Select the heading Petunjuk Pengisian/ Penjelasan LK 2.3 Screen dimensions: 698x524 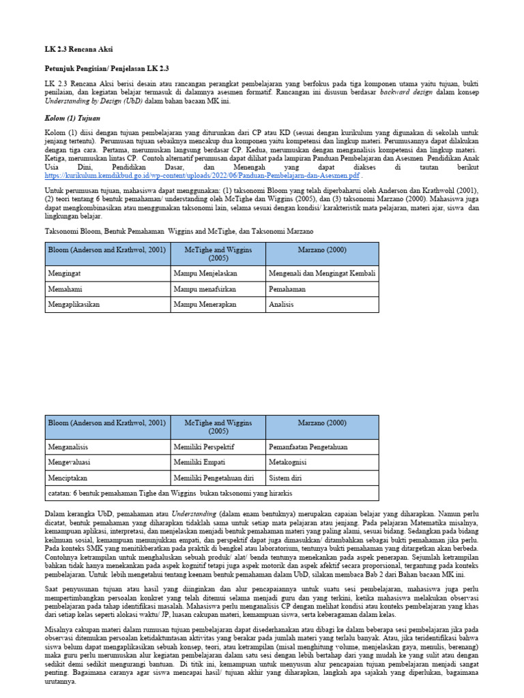click(106, 69)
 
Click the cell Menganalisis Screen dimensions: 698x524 click(68, 447)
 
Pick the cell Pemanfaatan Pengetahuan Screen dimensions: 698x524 click(308, 447)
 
